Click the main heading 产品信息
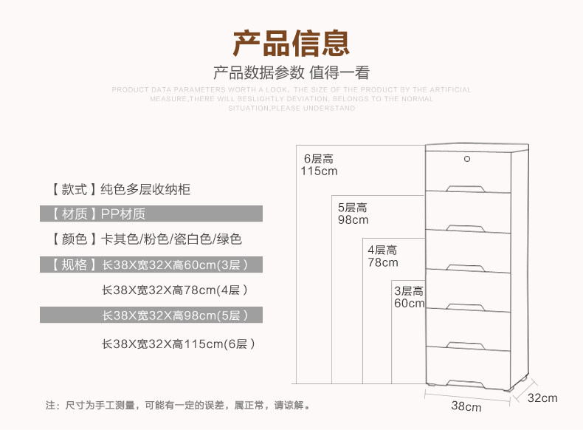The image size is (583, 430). [291, 44]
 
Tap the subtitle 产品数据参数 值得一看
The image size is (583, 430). [291, 73]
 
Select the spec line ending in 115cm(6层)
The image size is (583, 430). [179, 344]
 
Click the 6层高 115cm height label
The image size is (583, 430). [319, 165]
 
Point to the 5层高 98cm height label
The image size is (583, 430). [353, 214]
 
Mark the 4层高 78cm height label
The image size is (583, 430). [382, 256]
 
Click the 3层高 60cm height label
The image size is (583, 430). [409, 297]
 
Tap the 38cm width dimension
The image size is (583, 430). [466, 407]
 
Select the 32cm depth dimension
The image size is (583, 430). [542, 398]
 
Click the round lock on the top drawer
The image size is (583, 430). [467, 158]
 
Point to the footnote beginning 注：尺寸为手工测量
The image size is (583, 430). [177, 405]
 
